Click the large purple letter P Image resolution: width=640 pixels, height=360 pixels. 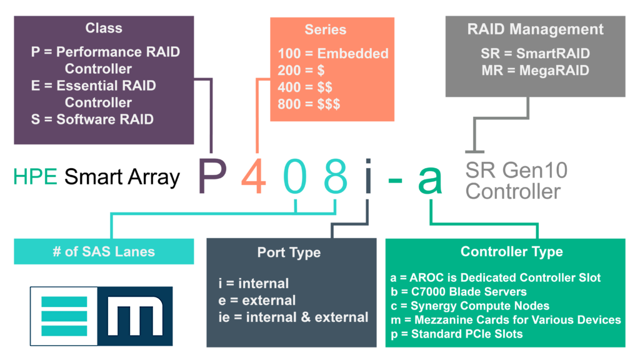point(211,177)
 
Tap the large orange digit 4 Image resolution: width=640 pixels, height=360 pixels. point(253,177)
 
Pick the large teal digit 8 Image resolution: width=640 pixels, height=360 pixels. point(336,177)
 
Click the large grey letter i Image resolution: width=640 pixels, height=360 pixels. point(367,176)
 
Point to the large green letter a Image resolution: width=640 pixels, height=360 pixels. point(430,179)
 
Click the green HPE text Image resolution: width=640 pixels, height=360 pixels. point(36,177)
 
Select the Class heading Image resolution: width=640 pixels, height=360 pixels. point(104,28)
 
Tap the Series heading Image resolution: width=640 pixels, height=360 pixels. point(325,29)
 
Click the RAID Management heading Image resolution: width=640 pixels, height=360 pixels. point(535,29)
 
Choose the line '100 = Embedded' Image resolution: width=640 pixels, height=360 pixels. point(333,54)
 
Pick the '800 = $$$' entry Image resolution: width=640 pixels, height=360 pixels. point(309,104)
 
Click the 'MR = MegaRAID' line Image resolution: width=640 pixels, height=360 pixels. point(535,71)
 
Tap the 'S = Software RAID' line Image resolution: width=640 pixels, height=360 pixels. point(92,119)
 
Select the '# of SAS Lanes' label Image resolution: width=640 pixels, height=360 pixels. point(104,252)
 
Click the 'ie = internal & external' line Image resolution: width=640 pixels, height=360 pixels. point(293,317)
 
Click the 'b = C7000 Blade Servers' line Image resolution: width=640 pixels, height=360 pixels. point(459,291)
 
